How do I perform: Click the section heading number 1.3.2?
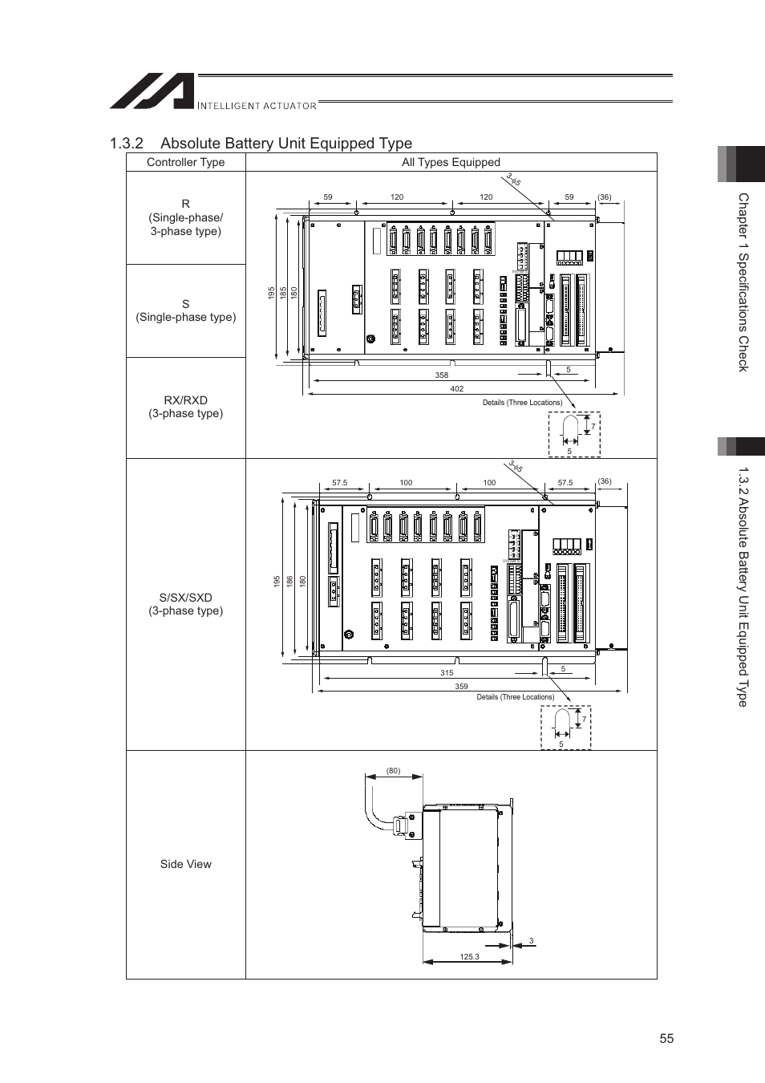127,144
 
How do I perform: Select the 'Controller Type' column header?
185,162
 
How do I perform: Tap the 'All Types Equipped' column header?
451,162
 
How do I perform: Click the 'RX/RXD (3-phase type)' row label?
185,407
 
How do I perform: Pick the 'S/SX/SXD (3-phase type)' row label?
185,604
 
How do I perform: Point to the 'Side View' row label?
185,864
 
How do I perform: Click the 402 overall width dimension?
456,389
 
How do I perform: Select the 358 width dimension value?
441,375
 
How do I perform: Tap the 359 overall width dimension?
461,687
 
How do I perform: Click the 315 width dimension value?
447,673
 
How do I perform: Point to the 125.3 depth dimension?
469,957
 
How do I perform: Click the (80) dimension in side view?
393,771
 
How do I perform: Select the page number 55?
666,1038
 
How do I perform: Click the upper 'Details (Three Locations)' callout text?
522,403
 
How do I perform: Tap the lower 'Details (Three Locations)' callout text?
515,697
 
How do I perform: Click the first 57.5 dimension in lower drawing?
339,483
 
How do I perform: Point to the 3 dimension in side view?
531,941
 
